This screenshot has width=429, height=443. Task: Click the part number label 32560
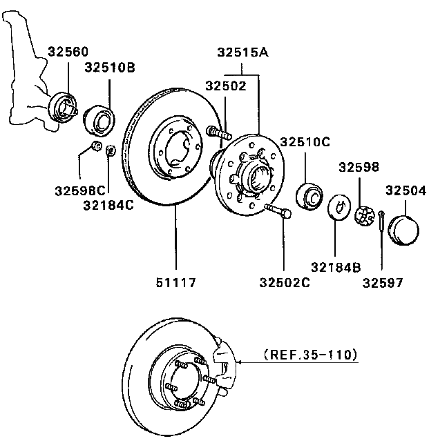(x=68, y=52)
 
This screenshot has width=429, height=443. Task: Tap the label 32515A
(x=242, y=52)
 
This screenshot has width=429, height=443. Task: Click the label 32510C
(x=305, y=142)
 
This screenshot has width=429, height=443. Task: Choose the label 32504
(x=406, y=190)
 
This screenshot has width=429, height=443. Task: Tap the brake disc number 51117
(x=175, y=282)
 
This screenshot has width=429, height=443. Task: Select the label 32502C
(x=285, y=282)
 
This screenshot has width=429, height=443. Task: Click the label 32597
(x=381, y=282)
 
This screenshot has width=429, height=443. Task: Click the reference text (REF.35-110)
(x=310, y=356)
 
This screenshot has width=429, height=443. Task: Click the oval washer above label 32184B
(x=338, y=206)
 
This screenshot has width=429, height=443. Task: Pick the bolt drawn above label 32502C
(x=278, y=211)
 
